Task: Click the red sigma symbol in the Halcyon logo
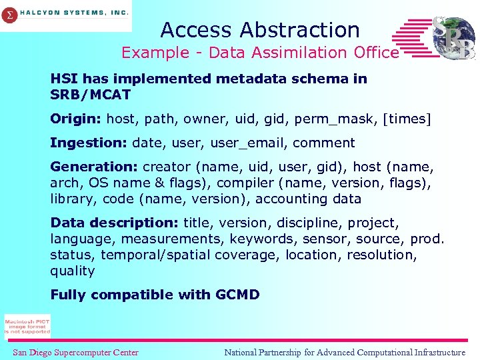coord(9,16)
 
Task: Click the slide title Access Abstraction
coord(260,30)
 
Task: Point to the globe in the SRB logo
coord(453,37)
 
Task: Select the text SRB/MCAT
coord(91,95)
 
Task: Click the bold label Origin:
coord(76,119)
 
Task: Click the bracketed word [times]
coord(408,119)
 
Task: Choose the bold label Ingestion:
coord(89,143)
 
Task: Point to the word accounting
coord(292,199)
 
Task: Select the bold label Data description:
coord(115,223)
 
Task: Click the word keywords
coord(261,239)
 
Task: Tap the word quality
coord(72,271)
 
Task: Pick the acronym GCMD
coord(238,295)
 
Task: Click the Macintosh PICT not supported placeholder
coord(27,326)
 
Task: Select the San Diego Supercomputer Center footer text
coord(75,353)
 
